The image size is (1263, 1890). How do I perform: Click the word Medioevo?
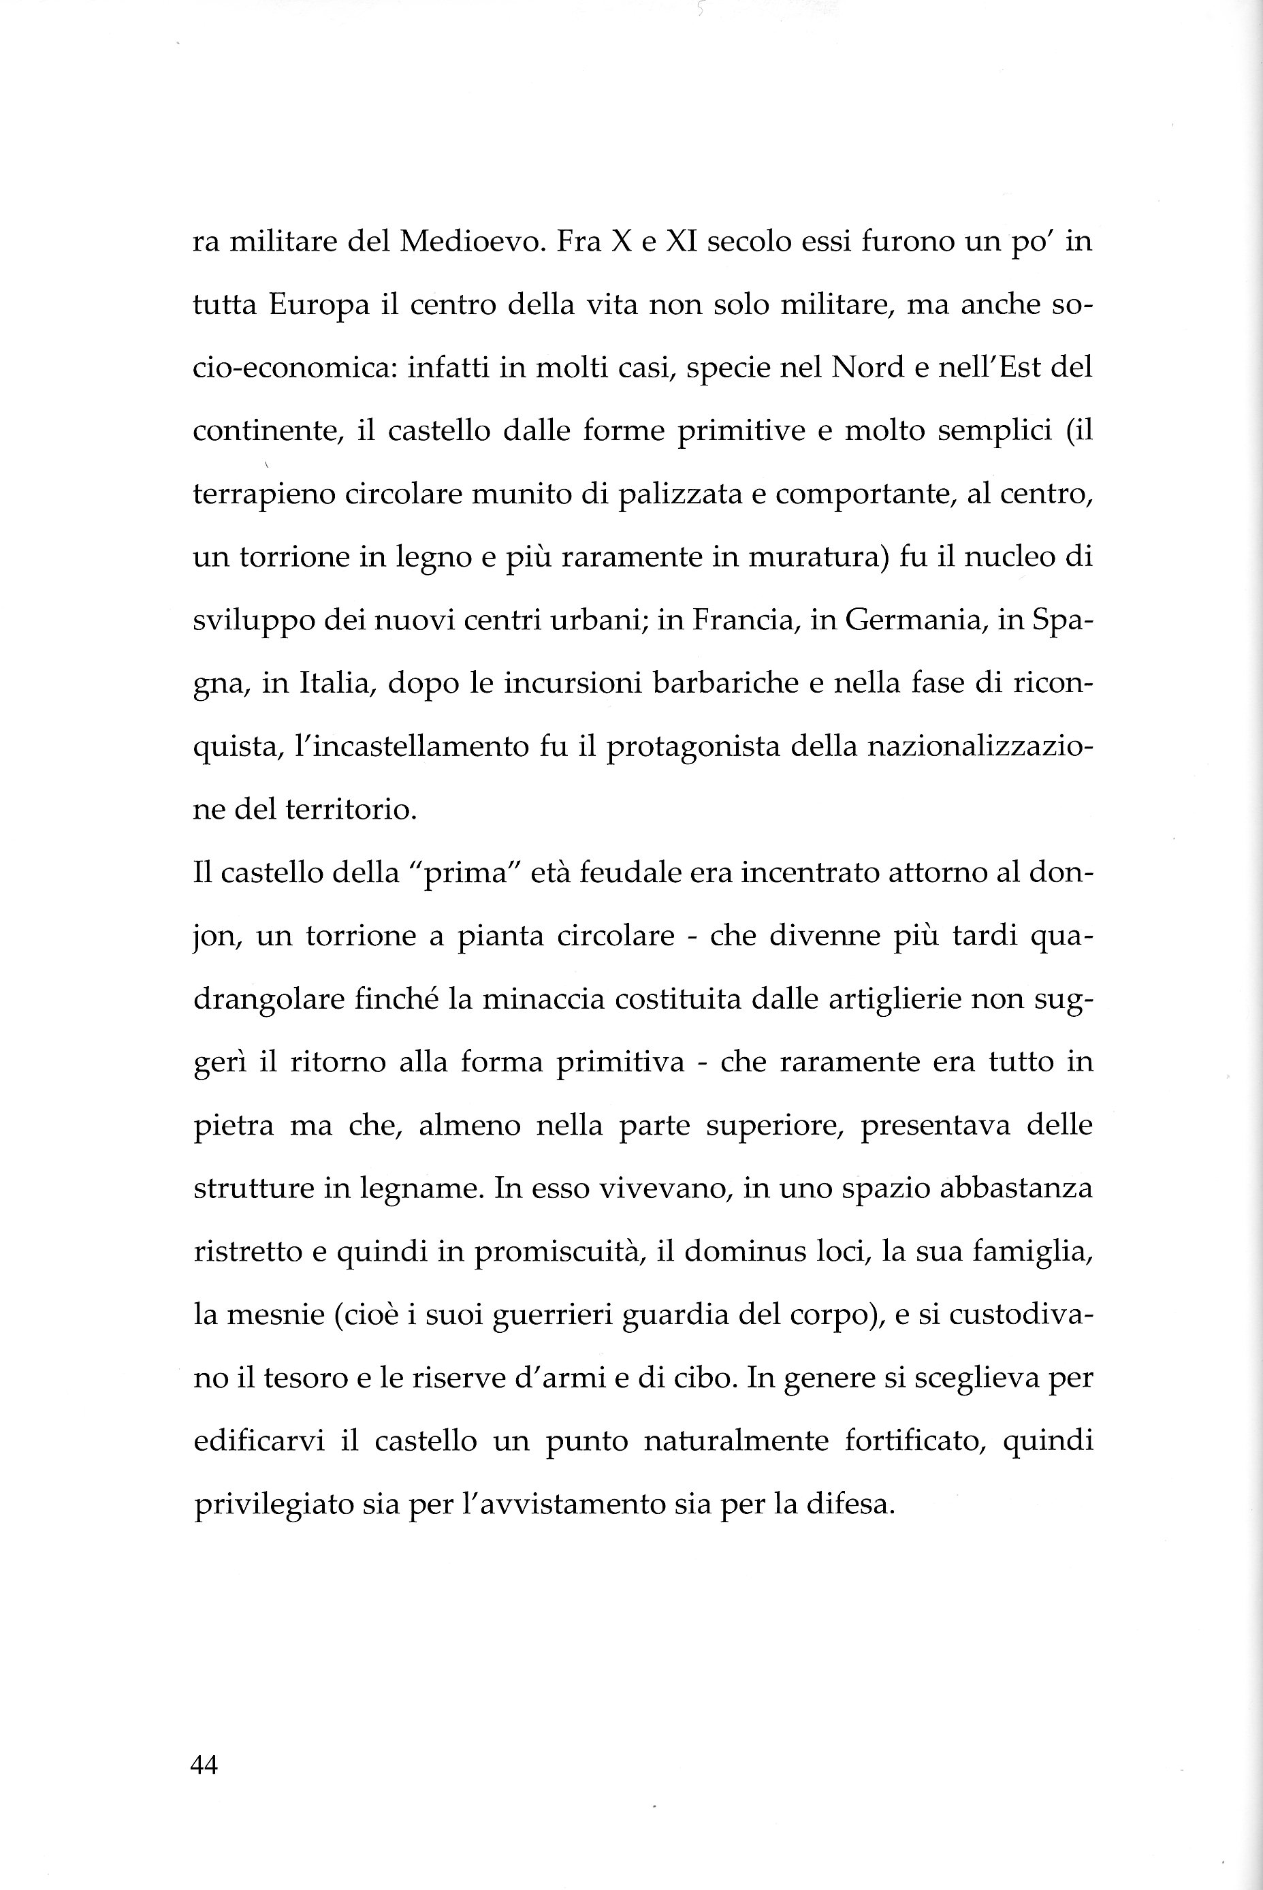468,242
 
